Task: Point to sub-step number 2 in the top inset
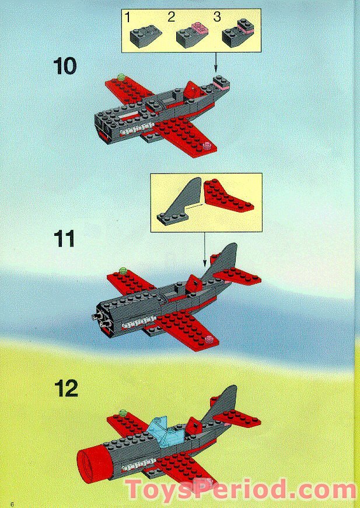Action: (x=170, y=17)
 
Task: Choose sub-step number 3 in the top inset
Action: (x=216, y=17)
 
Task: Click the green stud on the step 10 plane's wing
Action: (x=121, y=76)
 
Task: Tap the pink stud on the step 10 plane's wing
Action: (x=206, y=144)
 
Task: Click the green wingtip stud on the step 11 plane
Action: (x=123, y=270)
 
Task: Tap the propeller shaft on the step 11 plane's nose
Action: (x=95, y=317)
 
